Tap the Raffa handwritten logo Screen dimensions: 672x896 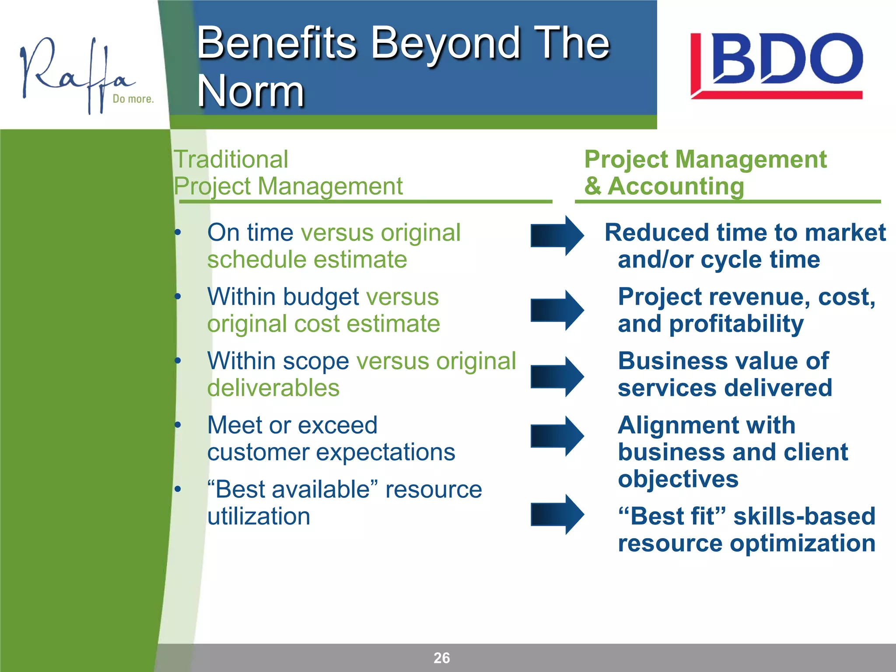click(x=74, y=74)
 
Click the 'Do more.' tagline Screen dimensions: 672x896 click(x=133, y=99)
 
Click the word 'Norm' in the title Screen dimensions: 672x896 click(x=250, y=91)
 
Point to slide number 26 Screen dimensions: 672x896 click(x=441, y=658)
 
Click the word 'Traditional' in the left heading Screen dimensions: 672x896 click(x=231, y=159)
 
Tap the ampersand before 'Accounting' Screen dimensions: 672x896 click(x=593, y=186)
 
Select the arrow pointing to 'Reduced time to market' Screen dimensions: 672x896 click(x=557, y=235)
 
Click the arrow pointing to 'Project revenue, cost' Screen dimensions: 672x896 click(x=557, y=310)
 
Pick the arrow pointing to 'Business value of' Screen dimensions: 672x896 click(x=557, y=377)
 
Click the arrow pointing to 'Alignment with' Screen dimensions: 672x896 click(x=557, y=436)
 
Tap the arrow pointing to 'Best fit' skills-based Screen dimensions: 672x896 click(x=557, y=514)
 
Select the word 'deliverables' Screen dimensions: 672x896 click(x=273, y=388)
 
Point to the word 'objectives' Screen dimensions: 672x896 click(x=678, y=479)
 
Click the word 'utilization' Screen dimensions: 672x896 click(x=259, y=517)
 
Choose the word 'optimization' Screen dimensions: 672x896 click(x=802, y=543)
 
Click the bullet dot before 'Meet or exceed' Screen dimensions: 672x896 click(x=178, y=425)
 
